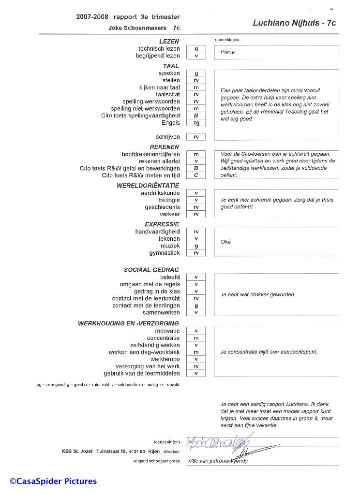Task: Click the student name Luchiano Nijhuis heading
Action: (294, 23)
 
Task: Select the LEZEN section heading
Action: (169, 42)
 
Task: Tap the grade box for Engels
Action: (196, 123)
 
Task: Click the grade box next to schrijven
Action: (196, 137)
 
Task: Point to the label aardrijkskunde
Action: (160, 193)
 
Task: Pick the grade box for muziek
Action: (196, 246)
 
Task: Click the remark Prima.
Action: (228, 52)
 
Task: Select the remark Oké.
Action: (226, 242)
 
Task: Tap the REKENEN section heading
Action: (164, 146)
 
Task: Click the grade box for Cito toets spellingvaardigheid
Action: (196, 116)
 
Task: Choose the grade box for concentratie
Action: (196, 338)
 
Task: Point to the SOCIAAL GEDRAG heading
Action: (151, 270)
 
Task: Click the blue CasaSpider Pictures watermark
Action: (53, 481)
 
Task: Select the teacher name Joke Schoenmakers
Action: (137, 28)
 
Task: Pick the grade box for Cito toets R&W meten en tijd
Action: (196, 175)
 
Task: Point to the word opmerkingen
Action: (227, 39)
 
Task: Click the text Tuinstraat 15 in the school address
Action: (114, 451)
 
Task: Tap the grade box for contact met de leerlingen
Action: (196, 306)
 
